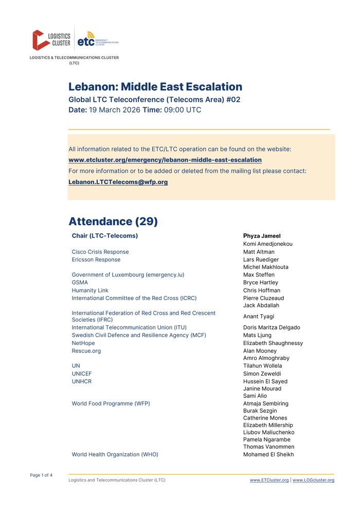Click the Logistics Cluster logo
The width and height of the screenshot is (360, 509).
click(x=51, y=40)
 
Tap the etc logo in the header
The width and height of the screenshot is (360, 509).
click(x=97, y=40)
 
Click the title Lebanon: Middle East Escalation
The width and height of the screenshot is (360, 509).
click(x=155, y=87)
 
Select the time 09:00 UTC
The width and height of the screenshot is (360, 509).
click(x=183, y=110)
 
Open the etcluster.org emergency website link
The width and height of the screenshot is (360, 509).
click(x=165, y=160)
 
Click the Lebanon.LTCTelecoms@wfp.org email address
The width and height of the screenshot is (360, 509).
click(x=118, y=182)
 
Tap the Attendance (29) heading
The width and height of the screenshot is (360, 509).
click(x=113, y=222)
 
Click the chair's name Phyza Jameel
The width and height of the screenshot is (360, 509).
click(x=262, y=236)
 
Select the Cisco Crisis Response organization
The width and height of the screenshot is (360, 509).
click(x=100, y=252)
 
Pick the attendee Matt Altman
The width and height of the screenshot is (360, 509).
click(x=259, y=252)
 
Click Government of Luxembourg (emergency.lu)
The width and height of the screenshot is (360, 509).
click(x=128, y=275)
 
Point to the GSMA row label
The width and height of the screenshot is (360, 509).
click(x=80, y=282)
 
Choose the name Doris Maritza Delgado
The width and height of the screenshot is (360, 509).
click(x=272, y=328)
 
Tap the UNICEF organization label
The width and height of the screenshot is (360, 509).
click(x=82, y=374)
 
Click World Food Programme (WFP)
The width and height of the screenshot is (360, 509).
click(x=111, y=404)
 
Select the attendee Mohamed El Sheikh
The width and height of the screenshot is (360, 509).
click(x=268, y=455)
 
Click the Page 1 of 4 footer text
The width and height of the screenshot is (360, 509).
click(x=41, y=475)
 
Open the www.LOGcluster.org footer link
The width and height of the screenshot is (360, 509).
click(x=313, y=480)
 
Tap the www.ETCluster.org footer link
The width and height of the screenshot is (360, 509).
click(x=269, y=480)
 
